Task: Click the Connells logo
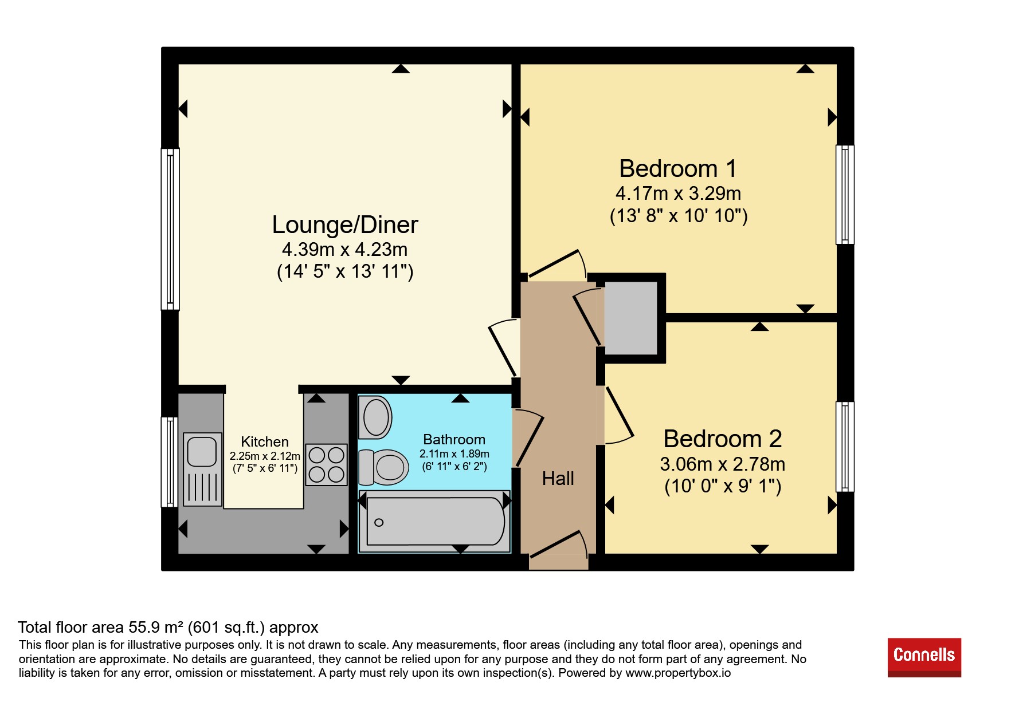[924, 657]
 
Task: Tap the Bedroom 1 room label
[678, 169]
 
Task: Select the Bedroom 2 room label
[722, 439]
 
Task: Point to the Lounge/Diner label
[345, 225]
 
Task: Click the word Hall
[558, 479]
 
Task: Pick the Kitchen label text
[265, 442]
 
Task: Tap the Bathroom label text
[454, 440]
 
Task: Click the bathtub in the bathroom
[434, 521]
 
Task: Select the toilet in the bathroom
[383, 467]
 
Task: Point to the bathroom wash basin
[375, 417]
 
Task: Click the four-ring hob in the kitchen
[326, 465]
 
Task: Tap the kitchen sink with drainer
[202, 470]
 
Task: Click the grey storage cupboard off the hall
[631, 318]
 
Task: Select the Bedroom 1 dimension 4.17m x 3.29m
[678, 194]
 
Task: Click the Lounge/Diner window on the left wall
[170, 229]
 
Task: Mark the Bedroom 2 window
[845, 447]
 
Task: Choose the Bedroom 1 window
[845, 195]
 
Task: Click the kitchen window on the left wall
[170, 462]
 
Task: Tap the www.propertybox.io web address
[678, 673]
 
